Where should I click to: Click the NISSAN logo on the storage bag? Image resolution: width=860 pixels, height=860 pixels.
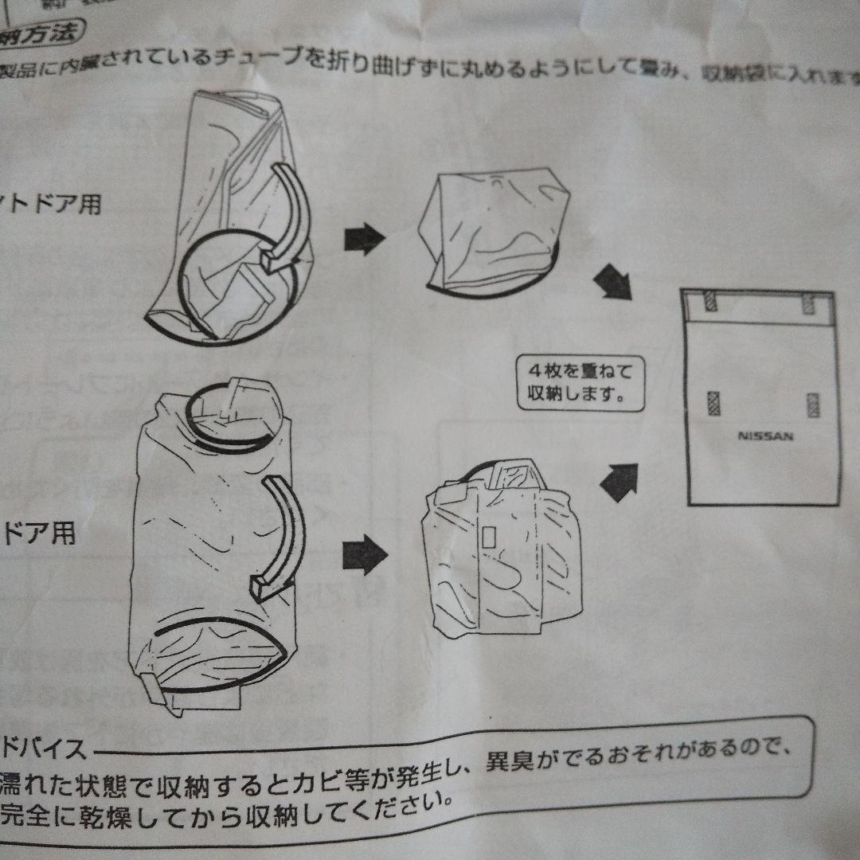click(x=764, y=436)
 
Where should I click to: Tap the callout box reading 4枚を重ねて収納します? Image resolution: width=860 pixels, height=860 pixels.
click(x=579, y=382)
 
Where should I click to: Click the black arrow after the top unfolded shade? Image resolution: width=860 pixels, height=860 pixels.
click(x=364, y=239)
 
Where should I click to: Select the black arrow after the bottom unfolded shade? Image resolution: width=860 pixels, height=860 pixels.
click(x=364, y=552)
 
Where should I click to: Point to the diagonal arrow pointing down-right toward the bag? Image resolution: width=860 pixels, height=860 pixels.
click(x=614, y=283)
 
